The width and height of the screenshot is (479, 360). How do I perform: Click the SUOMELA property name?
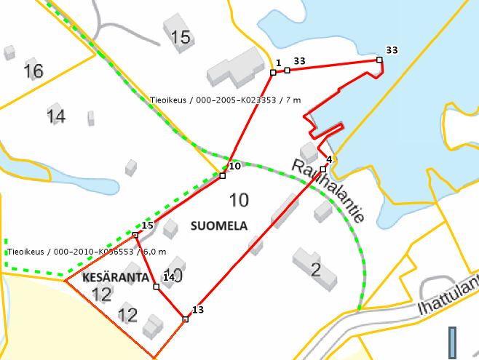[x=219, y=226]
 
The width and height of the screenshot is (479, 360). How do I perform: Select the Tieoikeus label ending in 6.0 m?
[x=87, y=252]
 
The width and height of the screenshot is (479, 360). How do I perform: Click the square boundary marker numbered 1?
[x=273, y=72]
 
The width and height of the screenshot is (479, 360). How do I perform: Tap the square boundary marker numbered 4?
[x=322, y=169]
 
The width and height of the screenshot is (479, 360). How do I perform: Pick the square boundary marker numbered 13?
[x=186, y=319]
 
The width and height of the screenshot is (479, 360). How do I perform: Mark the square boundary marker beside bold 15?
[x=135, y=235]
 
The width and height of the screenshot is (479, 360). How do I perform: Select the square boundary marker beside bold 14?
[x=156, y=287]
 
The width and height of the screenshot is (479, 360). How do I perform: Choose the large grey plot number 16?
[x=33, y=71]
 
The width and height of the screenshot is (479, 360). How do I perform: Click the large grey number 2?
[x=315, y=271]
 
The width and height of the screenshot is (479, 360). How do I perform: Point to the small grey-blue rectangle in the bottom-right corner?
[x=452, y=343]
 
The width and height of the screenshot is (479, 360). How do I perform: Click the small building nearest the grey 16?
[x=9, y=52]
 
